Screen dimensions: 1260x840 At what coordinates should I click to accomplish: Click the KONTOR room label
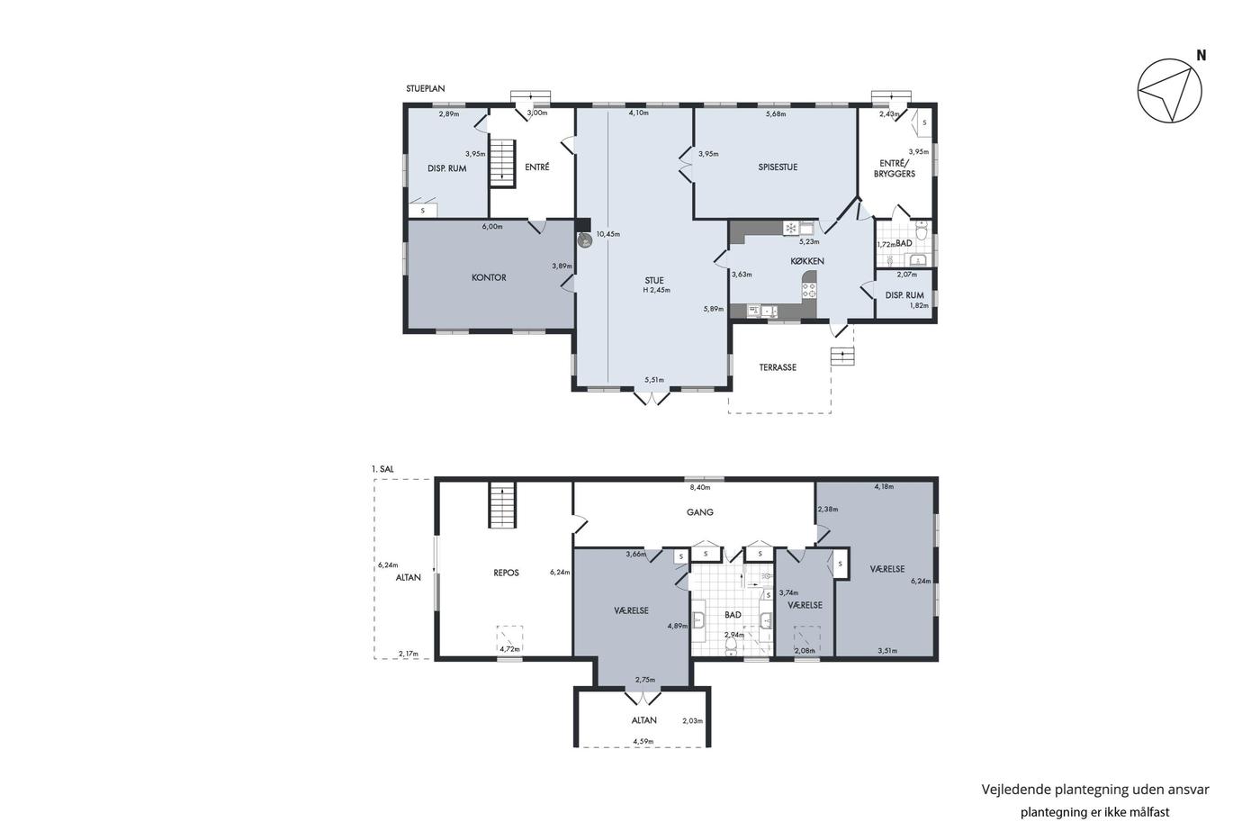click(x=489, y=277)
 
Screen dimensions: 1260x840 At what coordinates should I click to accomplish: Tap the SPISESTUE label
click(x=778, y=167)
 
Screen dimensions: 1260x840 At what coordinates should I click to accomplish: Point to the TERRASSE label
click(x=778, y=367)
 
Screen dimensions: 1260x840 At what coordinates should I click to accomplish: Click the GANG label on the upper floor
click(x=700, y=512)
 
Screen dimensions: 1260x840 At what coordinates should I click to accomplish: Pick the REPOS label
click(x=506, y=573)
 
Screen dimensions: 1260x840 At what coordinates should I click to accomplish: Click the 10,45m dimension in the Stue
click(x=608, y=234)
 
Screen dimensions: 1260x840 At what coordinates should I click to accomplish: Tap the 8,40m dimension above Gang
click(x=700, y=487)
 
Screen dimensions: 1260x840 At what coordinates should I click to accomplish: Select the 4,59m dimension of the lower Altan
click(x=643, y=742)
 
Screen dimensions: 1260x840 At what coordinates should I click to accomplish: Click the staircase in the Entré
click(x=502, y=163)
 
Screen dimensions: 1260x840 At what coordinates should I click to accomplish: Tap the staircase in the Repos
click(x=502, y=505)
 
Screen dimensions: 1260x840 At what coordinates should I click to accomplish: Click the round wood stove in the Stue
click(x=585, y=240)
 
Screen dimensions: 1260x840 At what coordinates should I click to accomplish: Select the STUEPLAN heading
click(x=425, y=88)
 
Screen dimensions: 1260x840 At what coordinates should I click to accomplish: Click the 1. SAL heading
click(x=382, y=469)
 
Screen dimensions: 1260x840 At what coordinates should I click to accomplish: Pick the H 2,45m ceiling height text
click(x=656, y=290)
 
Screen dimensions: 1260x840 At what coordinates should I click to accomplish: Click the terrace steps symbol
click(x=842, y=357)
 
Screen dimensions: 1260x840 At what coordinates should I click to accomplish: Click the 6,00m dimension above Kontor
click(x=492, y=227)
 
